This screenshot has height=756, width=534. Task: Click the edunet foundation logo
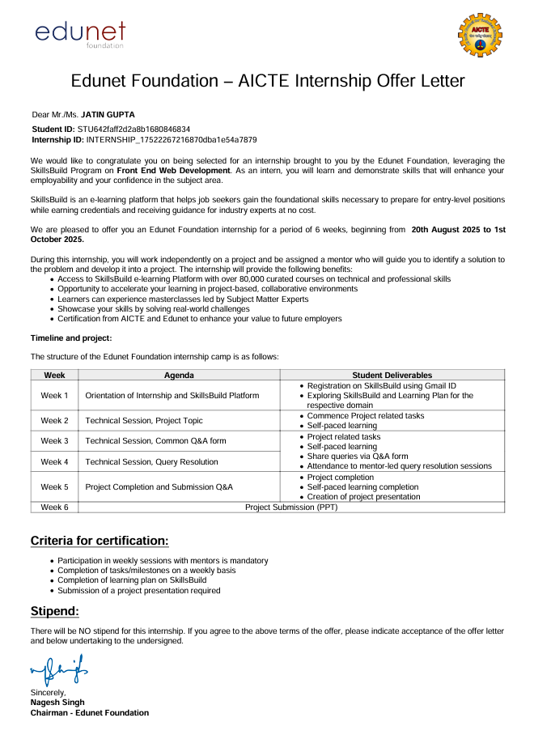coord(80,34)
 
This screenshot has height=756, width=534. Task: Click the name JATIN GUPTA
coord(108,115)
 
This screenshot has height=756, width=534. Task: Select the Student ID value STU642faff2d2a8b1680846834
coord(133,130)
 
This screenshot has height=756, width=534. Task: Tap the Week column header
coord(54,376)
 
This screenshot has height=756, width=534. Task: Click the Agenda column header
coord(179,376)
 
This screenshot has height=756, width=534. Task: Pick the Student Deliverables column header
coord(392,376)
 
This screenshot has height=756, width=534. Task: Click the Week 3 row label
coord(54,441)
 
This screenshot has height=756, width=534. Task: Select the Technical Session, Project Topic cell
coord(144,421)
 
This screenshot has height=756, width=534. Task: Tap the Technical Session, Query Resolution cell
coord(151,461)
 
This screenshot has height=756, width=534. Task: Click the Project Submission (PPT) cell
coord(291,507)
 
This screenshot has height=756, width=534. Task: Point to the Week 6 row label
coord(54,507)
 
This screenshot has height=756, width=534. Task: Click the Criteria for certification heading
coord(100,540)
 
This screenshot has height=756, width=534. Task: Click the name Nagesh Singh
coord(57,703)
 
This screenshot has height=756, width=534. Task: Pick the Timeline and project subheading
coord(71,338)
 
